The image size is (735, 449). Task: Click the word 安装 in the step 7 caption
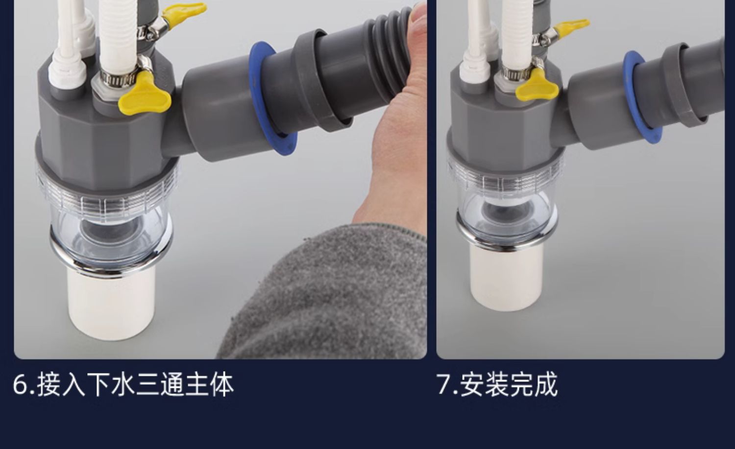click(485, 385)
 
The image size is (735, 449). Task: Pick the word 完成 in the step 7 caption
click(534, 385)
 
